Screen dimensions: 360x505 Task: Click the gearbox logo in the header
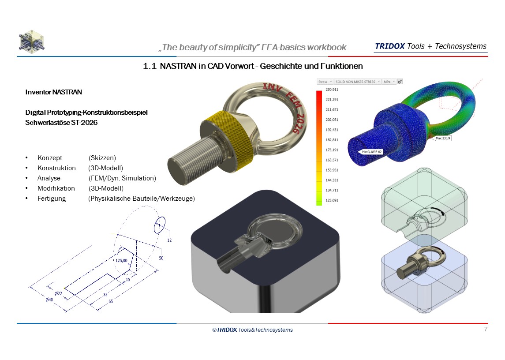pyautogui.click(x=31, y=41)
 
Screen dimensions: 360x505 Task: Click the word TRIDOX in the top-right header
pyautogui.click(x=389, y=46)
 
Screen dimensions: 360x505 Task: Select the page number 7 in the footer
pyautogui.click(x=486, y=329)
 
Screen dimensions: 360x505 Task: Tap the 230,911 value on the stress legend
pyautogui.click(x=331, y=90)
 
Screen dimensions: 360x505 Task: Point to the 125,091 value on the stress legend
pyautogui.click(x=331, y=201)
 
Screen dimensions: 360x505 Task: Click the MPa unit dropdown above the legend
pyautogui.click(x=389, y=82)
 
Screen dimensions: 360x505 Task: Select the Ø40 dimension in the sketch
pyautogui.click(x=49, y=300)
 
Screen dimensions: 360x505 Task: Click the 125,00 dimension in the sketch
pyautogui.click(x=121, y=261)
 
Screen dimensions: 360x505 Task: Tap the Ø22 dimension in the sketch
pyautogui.click(x=58, y=293)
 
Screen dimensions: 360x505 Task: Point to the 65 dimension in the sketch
pyautogui.click(x=111, y=301)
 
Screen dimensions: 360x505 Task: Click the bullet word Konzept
pyautogui.click(x=50, y=158)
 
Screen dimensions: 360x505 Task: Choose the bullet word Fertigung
pyautogui.click(x=52, y=199)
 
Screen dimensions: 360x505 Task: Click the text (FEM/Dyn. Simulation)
pyautogui.click(x=122, y=178)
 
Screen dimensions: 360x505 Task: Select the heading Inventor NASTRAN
pyautogui.click(x=54, y=92)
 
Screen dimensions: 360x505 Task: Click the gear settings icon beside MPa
pyautogui.click(x=400, y=82)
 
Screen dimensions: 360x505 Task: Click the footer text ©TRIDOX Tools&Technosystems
pyautogui.click(x=252, y=330)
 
